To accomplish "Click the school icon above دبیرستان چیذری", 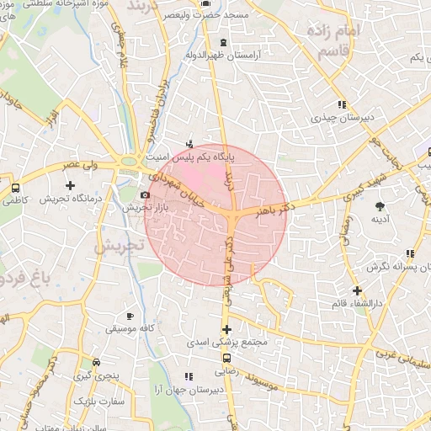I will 342,104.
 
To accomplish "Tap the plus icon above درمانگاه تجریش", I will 70,184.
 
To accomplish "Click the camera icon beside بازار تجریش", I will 146,195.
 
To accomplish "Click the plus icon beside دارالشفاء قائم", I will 357,290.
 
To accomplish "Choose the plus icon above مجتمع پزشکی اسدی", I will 226,329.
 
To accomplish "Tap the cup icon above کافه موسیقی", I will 129,316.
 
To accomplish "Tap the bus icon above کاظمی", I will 16,187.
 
